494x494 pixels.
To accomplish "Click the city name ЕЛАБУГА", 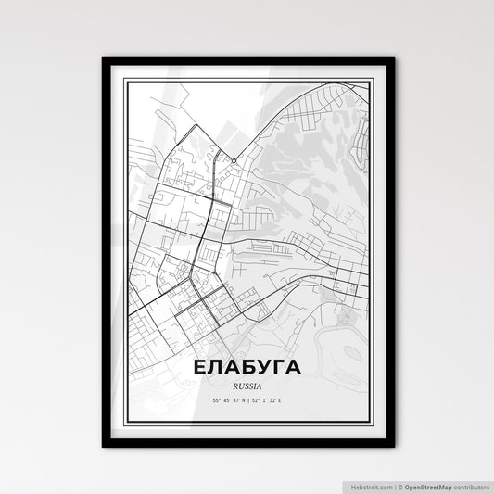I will [x=247, y=367].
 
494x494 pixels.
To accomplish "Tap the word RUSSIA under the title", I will [x=247, y=384].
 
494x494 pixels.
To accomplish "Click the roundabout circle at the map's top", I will [x=234, y=160].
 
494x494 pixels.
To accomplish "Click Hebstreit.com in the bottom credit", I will [x=369, y=485].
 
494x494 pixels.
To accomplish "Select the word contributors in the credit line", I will [x=471, y=485].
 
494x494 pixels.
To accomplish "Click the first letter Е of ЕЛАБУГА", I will [x=201, y=367].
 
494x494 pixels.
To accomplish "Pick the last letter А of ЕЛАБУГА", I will [x=292, y=367].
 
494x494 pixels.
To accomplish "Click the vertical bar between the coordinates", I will [x=247, y=400].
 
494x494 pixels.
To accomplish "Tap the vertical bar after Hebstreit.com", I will [x=392, y=485].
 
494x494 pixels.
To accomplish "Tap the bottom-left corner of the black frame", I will [x=104, y=446].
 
